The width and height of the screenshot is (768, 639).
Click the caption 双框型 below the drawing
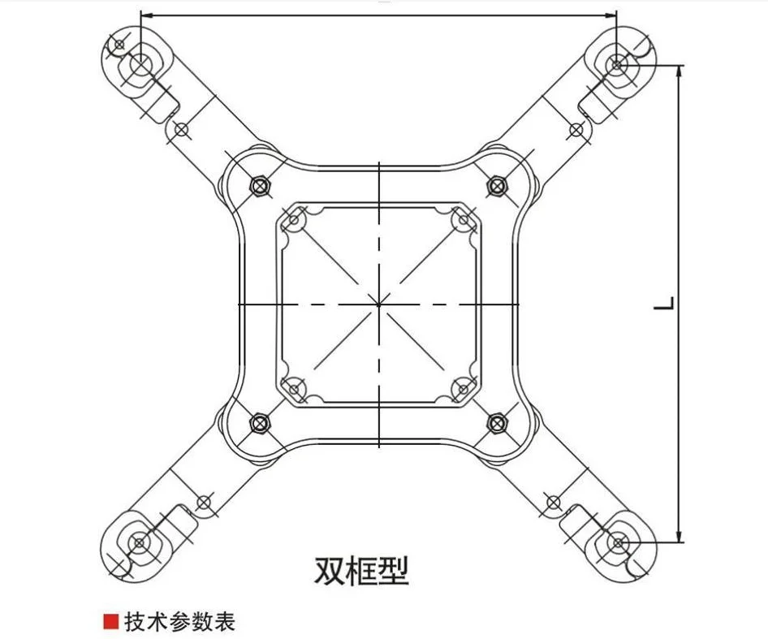coord(361,570)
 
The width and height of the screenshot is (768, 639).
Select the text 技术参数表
coord(179,622)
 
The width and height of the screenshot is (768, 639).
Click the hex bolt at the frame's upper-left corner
coord(260,186)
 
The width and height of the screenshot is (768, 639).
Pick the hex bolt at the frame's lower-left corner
coord(260,421)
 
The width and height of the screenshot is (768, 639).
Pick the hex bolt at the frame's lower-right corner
coord(497,421)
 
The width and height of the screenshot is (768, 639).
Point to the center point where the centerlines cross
coord(378,304)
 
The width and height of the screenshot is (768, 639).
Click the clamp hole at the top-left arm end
coord(140,64)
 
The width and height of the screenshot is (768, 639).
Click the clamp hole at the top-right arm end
coord(617,63)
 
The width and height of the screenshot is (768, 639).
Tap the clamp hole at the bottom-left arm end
coord(140,542)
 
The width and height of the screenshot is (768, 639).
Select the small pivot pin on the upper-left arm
coord(181,128)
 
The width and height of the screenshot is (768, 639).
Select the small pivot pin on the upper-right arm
coord(576,128)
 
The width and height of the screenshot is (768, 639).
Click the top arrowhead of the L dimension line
coord(680,71)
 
